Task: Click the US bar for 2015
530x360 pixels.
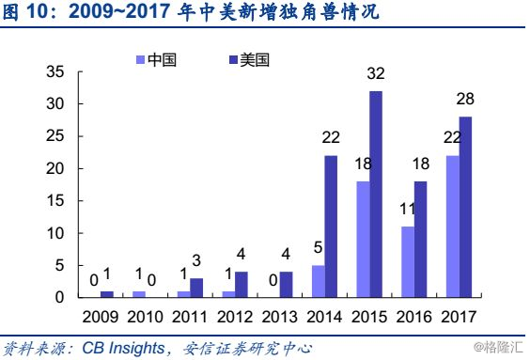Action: [376, 195]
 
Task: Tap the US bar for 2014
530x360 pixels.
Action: [330, 227]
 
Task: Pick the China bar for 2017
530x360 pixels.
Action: [453, 227]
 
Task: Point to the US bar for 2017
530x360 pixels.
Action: [465, 207]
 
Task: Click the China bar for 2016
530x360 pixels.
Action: [408, 262]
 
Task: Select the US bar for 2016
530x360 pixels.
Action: [421, 240]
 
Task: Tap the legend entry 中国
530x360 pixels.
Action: [160, 60]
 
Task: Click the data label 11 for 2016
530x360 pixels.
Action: [406, 211]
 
